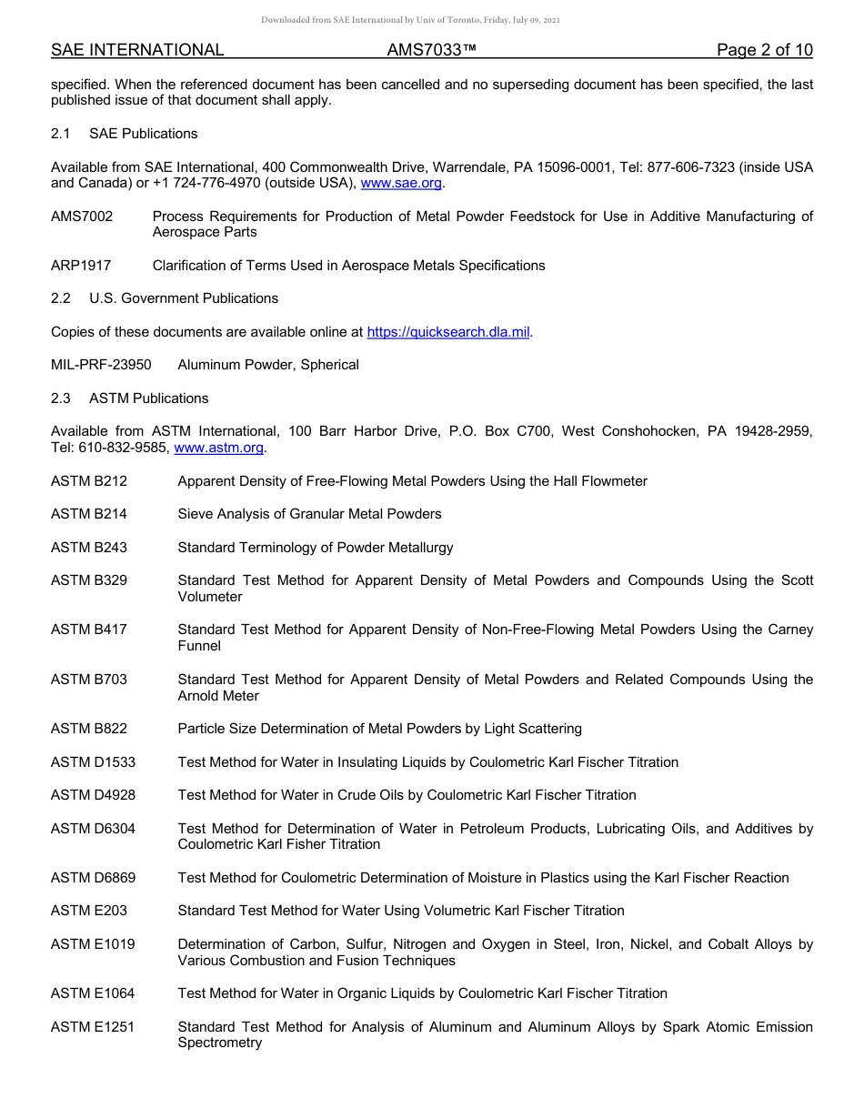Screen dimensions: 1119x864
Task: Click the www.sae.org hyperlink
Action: click(401, 183)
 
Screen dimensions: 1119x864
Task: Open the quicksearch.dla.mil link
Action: click(447, 332)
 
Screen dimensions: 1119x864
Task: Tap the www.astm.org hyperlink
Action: click(218, 448)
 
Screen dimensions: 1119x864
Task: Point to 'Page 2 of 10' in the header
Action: click(764, 50)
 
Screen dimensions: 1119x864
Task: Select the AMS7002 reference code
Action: click(82, 216)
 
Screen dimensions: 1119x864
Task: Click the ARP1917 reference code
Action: click(81, 266)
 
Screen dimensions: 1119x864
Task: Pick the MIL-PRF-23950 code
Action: click(101, 365)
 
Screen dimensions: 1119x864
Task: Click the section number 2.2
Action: click(61, 298)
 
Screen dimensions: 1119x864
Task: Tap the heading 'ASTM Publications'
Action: click(148, 398)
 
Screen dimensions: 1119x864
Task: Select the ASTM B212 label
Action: click(89, 480)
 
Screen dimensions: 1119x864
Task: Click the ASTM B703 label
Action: click(89, 680)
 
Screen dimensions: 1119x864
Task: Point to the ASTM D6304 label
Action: click(93, 829)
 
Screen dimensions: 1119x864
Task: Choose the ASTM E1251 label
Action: click(92, 1027)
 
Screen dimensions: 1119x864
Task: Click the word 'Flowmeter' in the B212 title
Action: click(614, 480)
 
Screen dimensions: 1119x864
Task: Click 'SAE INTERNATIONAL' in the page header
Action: click(137, 50)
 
